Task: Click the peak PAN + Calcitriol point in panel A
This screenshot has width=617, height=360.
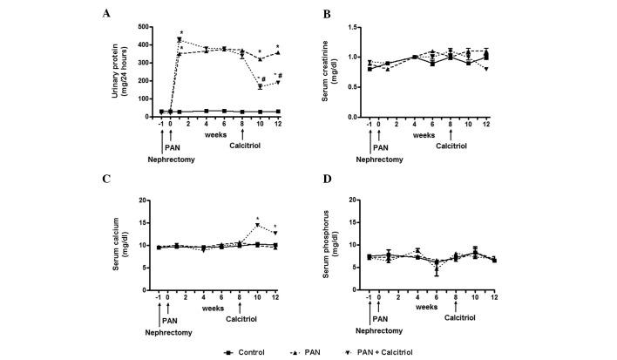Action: [x=180, y=39]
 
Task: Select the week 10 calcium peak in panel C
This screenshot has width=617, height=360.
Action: [x=257, y=226]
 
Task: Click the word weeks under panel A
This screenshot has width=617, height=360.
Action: [x=215, y=135]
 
